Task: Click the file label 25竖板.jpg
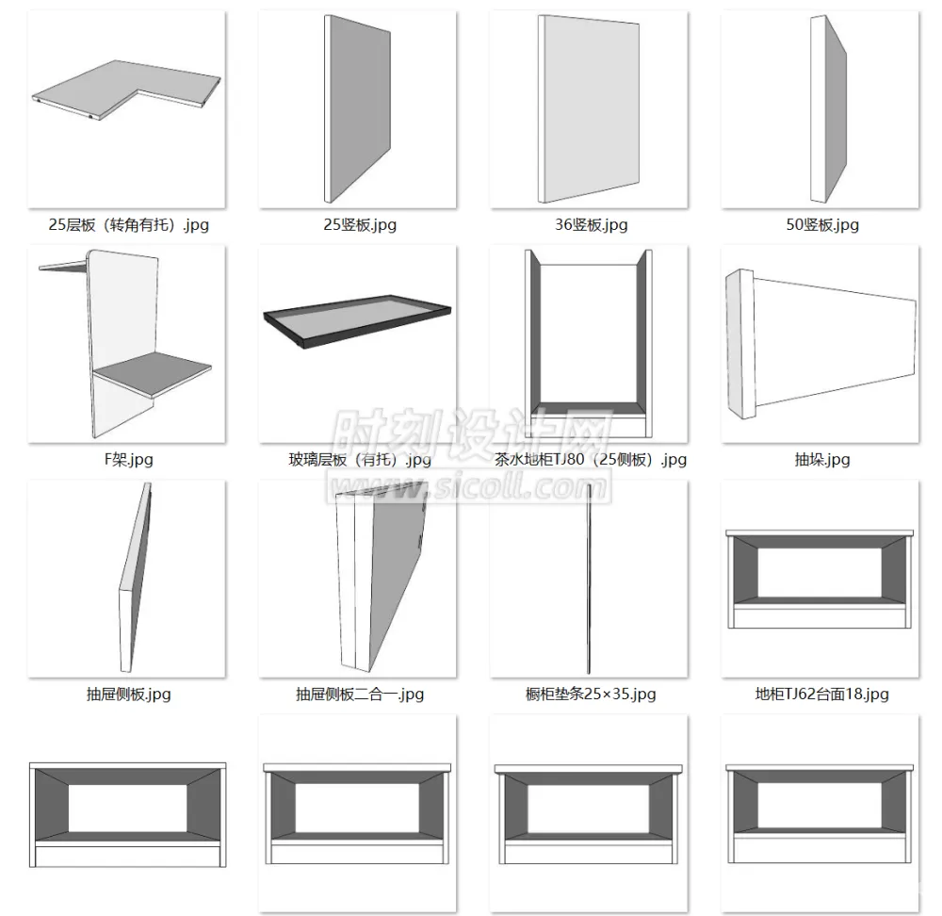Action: pos(360,225)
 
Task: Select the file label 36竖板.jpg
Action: pos(592,225)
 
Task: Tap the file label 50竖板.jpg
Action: pos(822,225)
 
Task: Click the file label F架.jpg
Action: pos(128,460)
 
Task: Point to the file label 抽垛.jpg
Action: pos(821,460)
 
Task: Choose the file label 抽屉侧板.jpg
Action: pos(128,695)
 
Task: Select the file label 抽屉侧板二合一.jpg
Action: pos(360,695)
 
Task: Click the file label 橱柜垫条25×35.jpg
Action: pos(591,695)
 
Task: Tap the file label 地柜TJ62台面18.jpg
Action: pos(821,695)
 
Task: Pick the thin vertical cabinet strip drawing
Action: pos(590,579)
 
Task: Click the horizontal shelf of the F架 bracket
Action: pos(154,372)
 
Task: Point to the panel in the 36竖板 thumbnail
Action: pos(589,109)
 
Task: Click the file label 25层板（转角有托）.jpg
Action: pos(128,225)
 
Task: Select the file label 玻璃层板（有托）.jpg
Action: pos(360,460)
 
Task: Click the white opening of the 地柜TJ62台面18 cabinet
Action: pos(820,572)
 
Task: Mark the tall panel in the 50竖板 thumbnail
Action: pos(829,109)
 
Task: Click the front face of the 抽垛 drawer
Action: pos(740,343)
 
